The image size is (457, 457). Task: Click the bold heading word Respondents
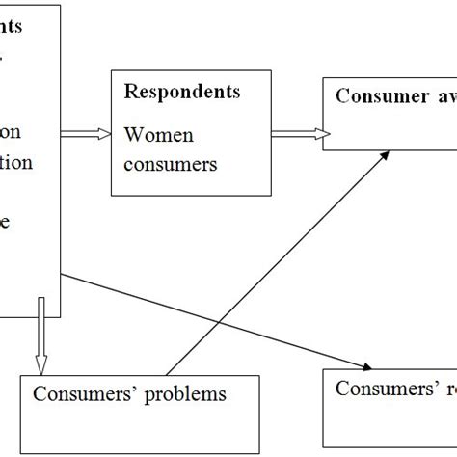(x=182, y=92)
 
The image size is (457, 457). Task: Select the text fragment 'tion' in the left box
(x=15, y=162)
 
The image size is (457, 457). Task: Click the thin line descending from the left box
(x=212, y=317)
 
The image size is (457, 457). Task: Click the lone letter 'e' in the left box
(x=7, y=221)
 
